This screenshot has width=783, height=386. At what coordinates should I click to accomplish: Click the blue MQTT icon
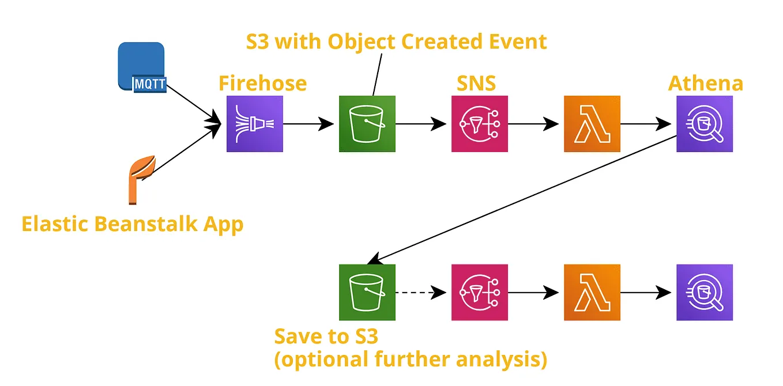[x=142, y=67]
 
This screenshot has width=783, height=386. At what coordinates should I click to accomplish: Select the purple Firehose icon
[x=255, y=124]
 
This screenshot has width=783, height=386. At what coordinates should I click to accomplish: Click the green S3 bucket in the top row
[x=367, y=124]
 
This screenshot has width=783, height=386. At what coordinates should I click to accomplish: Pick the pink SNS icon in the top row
[x=480, y=124]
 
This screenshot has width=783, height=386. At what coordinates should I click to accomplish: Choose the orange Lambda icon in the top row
[x=592, y=124]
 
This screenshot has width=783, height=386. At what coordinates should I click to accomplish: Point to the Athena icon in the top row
[x=705, y=124]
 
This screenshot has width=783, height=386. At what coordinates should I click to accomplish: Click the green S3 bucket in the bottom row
[x=367, y=293]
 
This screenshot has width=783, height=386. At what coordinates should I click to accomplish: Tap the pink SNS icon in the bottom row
[x=480, y=293]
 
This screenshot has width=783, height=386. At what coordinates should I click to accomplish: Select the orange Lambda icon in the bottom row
[x=592, y=293]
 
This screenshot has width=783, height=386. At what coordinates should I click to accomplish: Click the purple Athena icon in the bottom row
[x=705, y=293]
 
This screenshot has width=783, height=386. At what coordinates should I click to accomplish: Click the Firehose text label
[x=262, y=83]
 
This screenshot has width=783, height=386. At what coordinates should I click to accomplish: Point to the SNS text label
[x=476, y=83]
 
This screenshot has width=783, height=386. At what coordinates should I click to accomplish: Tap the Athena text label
[x=705, y=83]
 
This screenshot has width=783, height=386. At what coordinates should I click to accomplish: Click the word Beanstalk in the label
[x=146, y=224]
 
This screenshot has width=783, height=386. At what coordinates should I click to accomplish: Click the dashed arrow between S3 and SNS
[x=421, y=293]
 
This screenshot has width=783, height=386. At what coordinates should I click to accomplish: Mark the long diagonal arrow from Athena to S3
[x=522, y=199]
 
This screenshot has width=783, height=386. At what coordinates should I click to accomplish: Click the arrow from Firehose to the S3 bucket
[x=308, y=124]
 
